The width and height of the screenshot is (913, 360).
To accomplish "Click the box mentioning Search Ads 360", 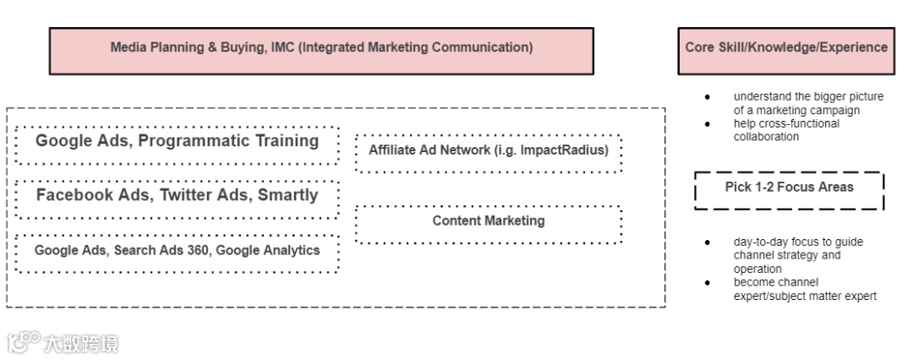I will [177, 252].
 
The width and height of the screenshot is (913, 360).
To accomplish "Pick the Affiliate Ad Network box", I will [489, 152].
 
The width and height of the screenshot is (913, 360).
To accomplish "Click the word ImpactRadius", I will [566, 150].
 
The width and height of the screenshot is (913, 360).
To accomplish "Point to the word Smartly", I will [289, 196].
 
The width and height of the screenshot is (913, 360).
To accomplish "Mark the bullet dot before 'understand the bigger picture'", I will [708, 96].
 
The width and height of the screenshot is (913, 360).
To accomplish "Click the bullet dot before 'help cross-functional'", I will [708, 123].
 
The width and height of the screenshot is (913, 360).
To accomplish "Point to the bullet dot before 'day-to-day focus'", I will [708, 242].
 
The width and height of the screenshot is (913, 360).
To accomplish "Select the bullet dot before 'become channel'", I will [708, 282].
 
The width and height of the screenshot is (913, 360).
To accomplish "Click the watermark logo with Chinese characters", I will [63, 342].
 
